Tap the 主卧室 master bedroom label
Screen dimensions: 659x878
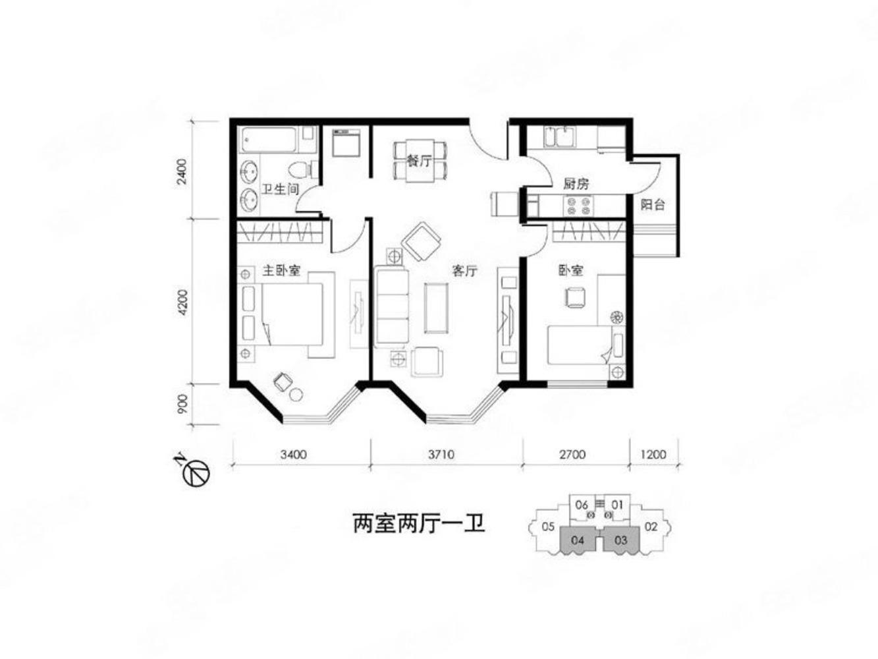[x=281, y=270]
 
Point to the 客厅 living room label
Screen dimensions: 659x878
[x=464, y=271]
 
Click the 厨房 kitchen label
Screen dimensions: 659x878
[x=576, y=184]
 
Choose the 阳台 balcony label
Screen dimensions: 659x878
[x=652, y=205]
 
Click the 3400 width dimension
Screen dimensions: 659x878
[x=293, y=454]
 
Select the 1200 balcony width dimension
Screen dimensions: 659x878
[x=653, y=454]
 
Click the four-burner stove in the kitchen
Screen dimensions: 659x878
[x=577, y=207]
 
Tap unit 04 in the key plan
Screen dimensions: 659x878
[x=578, y=540]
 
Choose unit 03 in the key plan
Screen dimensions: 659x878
[x=620, y=540]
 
